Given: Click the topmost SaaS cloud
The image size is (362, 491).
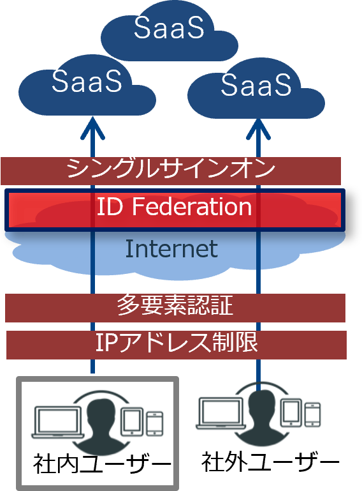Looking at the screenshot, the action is pos(170,31).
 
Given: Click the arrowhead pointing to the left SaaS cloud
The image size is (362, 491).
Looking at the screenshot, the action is pos(92,128).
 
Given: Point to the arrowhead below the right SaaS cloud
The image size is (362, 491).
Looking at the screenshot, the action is pos(258,129).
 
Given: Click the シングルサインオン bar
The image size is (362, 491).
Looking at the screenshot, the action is pos(171,171).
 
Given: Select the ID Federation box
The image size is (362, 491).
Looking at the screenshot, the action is pos(175,210).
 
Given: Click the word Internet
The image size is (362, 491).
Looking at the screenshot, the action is pos(171,249).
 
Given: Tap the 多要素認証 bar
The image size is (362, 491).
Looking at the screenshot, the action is pos(175,308).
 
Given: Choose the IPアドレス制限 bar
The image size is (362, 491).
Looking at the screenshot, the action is pos(177,345).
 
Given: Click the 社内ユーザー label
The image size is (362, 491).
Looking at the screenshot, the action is pos(102,464).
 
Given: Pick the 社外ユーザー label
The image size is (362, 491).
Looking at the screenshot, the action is pos(270,462).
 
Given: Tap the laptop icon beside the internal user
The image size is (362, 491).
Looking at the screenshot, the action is pos(58,422).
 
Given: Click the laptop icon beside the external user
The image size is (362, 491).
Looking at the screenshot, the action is pos(222,413).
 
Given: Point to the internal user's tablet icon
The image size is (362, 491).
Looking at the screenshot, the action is pos(132,421).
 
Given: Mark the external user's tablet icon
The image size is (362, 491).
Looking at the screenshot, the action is pos(291,413).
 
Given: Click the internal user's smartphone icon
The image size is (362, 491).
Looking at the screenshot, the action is pos(155,423).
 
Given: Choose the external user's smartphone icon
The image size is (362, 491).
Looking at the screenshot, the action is pos(313,414).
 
